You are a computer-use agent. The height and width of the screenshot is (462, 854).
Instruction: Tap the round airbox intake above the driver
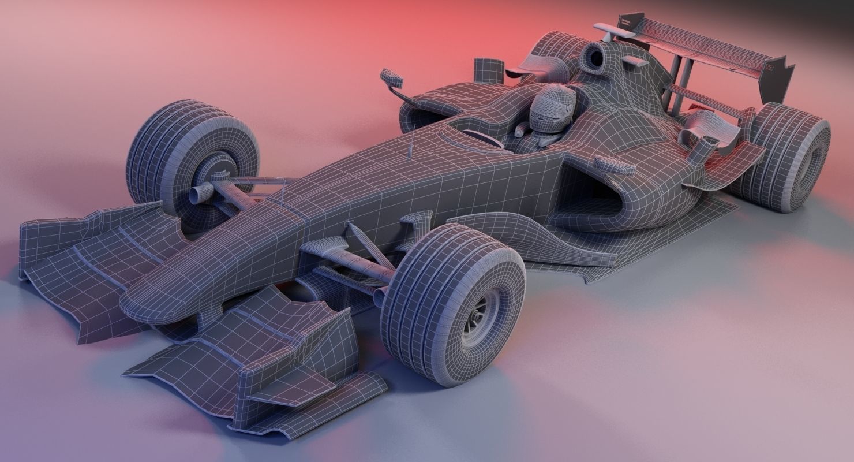594,57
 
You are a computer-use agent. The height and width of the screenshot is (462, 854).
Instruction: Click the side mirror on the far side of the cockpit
392,77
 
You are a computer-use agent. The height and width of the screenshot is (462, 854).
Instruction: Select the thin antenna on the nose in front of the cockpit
410,147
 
